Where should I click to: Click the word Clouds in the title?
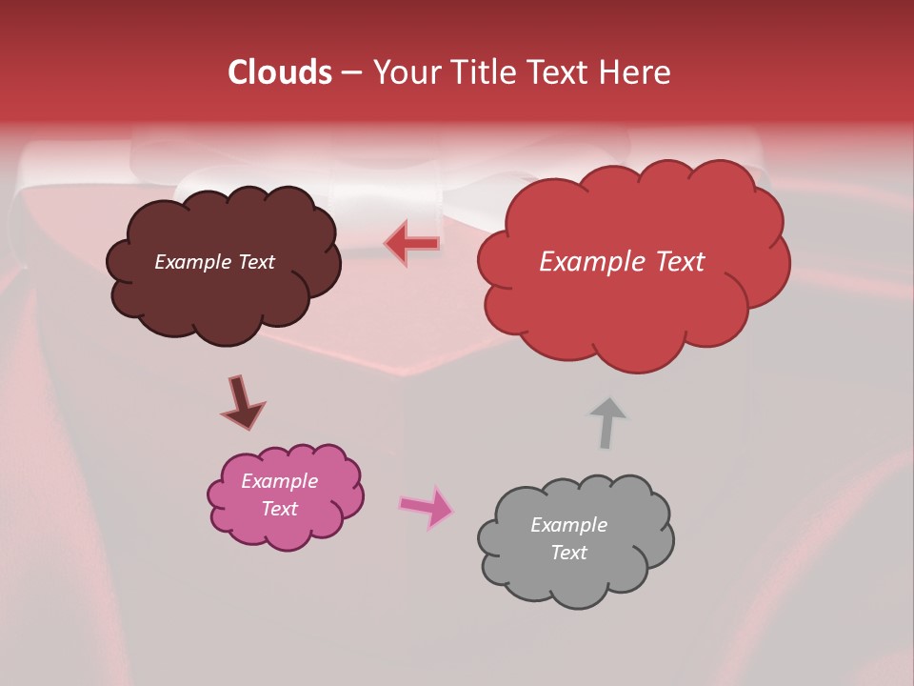[280, 72]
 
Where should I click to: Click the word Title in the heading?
[482, 72]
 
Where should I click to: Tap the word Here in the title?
[636, 72]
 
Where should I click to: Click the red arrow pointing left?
[412, 244]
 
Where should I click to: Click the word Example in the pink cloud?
[279, 481]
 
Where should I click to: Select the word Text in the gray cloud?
[568, 553]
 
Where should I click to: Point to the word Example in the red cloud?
[586, 262]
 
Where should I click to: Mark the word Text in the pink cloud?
[279, 509]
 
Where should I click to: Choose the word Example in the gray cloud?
[568, 525]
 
